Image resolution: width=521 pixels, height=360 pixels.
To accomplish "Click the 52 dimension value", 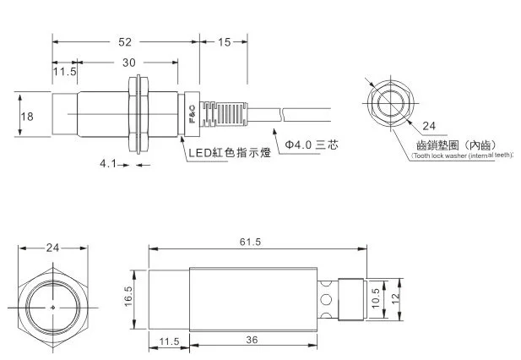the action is click(x=125, y=42).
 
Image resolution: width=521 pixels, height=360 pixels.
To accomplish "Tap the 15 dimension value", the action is click(x=224, y=42).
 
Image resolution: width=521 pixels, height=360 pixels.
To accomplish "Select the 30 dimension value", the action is click(x=129, y=63).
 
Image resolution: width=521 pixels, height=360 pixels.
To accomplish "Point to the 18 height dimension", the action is click(x=27, y=117).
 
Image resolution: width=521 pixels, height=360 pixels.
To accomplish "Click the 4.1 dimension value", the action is click(x=107, y=164).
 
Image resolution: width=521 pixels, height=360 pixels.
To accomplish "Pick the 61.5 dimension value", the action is click(x=250, y=242).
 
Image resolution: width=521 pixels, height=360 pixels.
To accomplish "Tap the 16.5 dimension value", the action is click(x=128, y=297).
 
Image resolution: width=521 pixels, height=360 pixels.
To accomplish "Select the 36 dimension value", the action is click(x=252, y=340).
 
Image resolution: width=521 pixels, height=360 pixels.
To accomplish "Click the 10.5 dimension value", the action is click(x=376, y=298).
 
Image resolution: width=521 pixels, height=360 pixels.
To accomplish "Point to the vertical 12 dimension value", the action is click(x=395, y=298).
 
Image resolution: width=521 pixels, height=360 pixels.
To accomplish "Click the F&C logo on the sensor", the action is click(x=193, y=114).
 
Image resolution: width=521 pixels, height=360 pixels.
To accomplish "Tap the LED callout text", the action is click(x=230, y=153).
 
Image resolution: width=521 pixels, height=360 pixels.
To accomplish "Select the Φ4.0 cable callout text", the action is click(x=312, y=145).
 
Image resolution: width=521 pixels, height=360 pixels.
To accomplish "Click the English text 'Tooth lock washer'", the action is click(x=439, y=155).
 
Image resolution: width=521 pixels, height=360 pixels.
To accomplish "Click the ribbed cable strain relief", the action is click(x=224, y=114).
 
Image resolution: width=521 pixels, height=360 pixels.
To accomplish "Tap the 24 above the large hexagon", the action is click(x=52, y=248).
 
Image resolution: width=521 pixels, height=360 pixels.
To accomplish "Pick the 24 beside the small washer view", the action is click(x=429, y=126).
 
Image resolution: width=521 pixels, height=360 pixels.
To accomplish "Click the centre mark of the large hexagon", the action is click(x=53, y=308).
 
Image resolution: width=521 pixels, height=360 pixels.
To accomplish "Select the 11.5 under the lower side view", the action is click(x=169, y=341).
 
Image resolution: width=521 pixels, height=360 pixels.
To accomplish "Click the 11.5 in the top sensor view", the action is click(x=65, y=72).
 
